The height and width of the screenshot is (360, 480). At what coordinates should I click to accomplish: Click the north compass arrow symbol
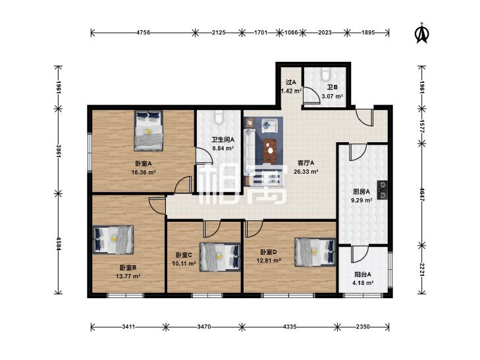coord(421,33)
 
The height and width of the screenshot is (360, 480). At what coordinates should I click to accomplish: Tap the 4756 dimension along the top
coord(143,32)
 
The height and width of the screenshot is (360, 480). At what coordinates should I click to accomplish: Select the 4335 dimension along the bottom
coord(290,326)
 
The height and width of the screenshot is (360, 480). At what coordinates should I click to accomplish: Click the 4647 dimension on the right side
coord(421,194)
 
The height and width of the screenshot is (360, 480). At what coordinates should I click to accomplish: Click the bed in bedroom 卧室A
coord(148,131)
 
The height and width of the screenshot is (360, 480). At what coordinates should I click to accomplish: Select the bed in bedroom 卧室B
coord(113,240)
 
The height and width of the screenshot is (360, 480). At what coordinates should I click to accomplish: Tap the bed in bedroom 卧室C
coord(220,257)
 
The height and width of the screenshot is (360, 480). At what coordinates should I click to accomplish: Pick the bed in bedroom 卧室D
coord(315,252)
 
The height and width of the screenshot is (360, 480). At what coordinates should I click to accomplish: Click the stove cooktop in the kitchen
coord(383,190)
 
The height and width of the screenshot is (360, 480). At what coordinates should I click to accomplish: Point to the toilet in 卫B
coord(325,73)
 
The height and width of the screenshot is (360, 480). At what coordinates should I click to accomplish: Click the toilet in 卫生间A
coord(219,118)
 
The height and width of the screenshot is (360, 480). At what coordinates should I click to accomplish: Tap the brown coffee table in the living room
coord(270,151)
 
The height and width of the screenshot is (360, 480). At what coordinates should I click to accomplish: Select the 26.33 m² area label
coord(306,172)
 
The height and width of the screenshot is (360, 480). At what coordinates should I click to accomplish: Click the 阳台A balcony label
coord(363,274)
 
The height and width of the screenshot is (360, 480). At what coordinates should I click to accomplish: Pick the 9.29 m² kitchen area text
coord(362,200)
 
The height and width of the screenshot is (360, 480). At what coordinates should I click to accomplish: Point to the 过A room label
coord(291,82)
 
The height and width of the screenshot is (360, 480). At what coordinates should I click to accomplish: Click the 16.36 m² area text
coord(144,172)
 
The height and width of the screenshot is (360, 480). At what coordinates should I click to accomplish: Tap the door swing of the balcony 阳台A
coord(360,254)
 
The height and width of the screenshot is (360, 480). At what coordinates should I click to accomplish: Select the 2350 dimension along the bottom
coord(363,326)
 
